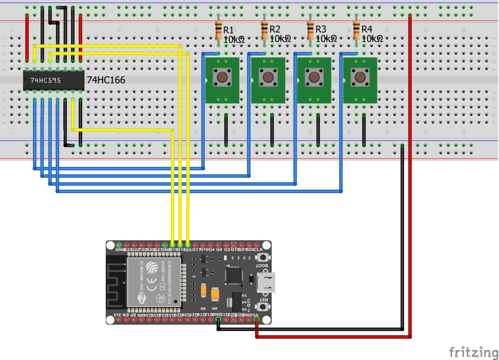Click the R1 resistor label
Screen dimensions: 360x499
[228, 30]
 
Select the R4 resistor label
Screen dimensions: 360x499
[367, 30]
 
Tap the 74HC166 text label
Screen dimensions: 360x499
[106, 80]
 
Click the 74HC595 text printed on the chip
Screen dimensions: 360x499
[46, 81]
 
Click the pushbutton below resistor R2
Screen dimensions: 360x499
[268, 77]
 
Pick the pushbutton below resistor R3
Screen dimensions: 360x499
[314, 77]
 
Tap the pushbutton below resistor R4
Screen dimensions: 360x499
[360, 77]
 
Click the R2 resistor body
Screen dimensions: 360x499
[264, 30]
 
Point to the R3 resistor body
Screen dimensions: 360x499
[310, 30]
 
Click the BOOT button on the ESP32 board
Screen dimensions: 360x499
[263, 257]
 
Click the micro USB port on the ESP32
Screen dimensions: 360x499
[266, 282]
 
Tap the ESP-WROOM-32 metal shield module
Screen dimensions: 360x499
[154, 281]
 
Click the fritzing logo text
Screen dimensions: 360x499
[473, 352]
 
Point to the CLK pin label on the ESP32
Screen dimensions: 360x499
[258, 250]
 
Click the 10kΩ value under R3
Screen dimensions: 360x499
[326, 39]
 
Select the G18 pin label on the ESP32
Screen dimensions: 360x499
[181, 250]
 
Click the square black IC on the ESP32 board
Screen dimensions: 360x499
[234, 275]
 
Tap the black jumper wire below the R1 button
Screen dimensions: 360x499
[226, 130]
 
